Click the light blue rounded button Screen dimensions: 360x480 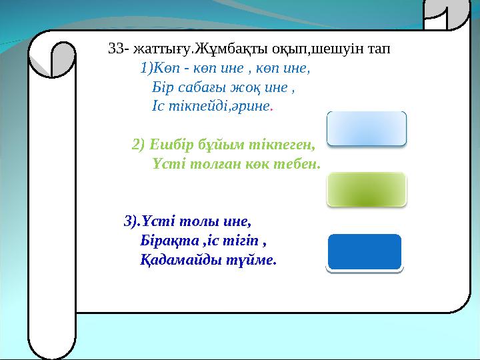tap(366, 128)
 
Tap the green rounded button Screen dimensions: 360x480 tap(366, 189)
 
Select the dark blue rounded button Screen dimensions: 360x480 tap(364, 252)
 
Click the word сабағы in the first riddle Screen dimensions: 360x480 tap(195, 87)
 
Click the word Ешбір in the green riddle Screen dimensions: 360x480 tap(168, 143)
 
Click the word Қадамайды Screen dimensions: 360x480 tap(178, 259)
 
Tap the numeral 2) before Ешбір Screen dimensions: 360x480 tap(139, 143)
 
